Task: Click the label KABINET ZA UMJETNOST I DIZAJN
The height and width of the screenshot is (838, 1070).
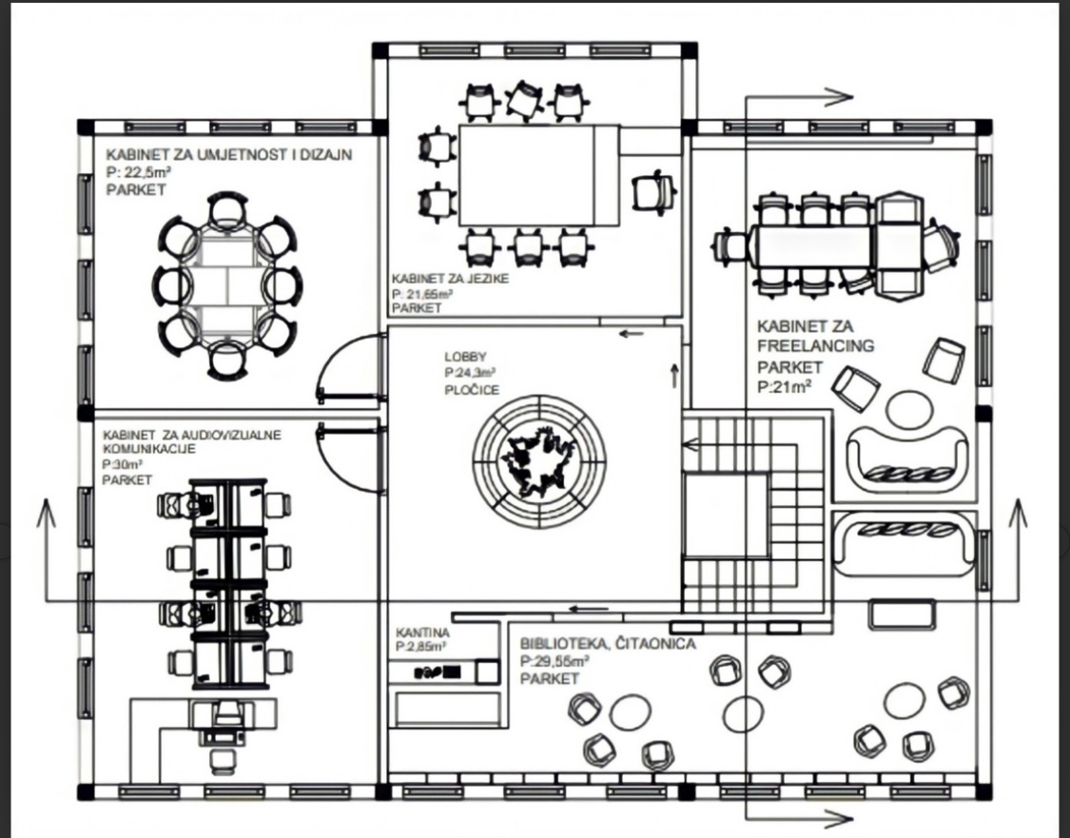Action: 229,155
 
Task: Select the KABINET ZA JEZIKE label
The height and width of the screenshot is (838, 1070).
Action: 451,279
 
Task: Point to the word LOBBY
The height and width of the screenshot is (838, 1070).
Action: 465,356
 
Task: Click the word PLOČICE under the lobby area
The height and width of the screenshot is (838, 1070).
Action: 472,390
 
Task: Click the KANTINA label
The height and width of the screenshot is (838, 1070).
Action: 422,633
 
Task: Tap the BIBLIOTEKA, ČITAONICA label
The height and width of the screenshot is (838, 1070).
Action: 608,644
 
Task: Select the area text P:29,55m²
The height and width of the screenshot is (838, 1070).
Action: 554,661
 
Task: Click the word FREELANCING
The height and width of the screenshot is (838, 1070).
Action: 815,345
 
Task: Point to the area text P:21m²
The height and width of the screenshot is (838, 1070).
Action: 784,386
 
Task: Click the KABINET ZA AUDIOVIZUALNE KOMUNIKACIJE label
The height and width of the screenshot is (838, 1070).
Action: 192,441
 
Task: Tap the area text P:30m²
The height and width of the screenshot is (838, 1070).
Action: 122,464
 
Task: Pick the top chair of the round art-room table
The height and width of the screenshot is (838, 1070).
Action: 227,211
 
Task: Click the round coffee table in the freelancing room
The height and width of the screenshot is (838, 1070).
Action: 909,409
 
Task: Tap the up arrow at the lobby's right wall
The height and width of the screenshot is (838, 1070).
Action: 674,376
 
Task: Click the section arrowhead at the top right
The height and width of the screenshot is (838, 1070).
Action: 839,98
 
